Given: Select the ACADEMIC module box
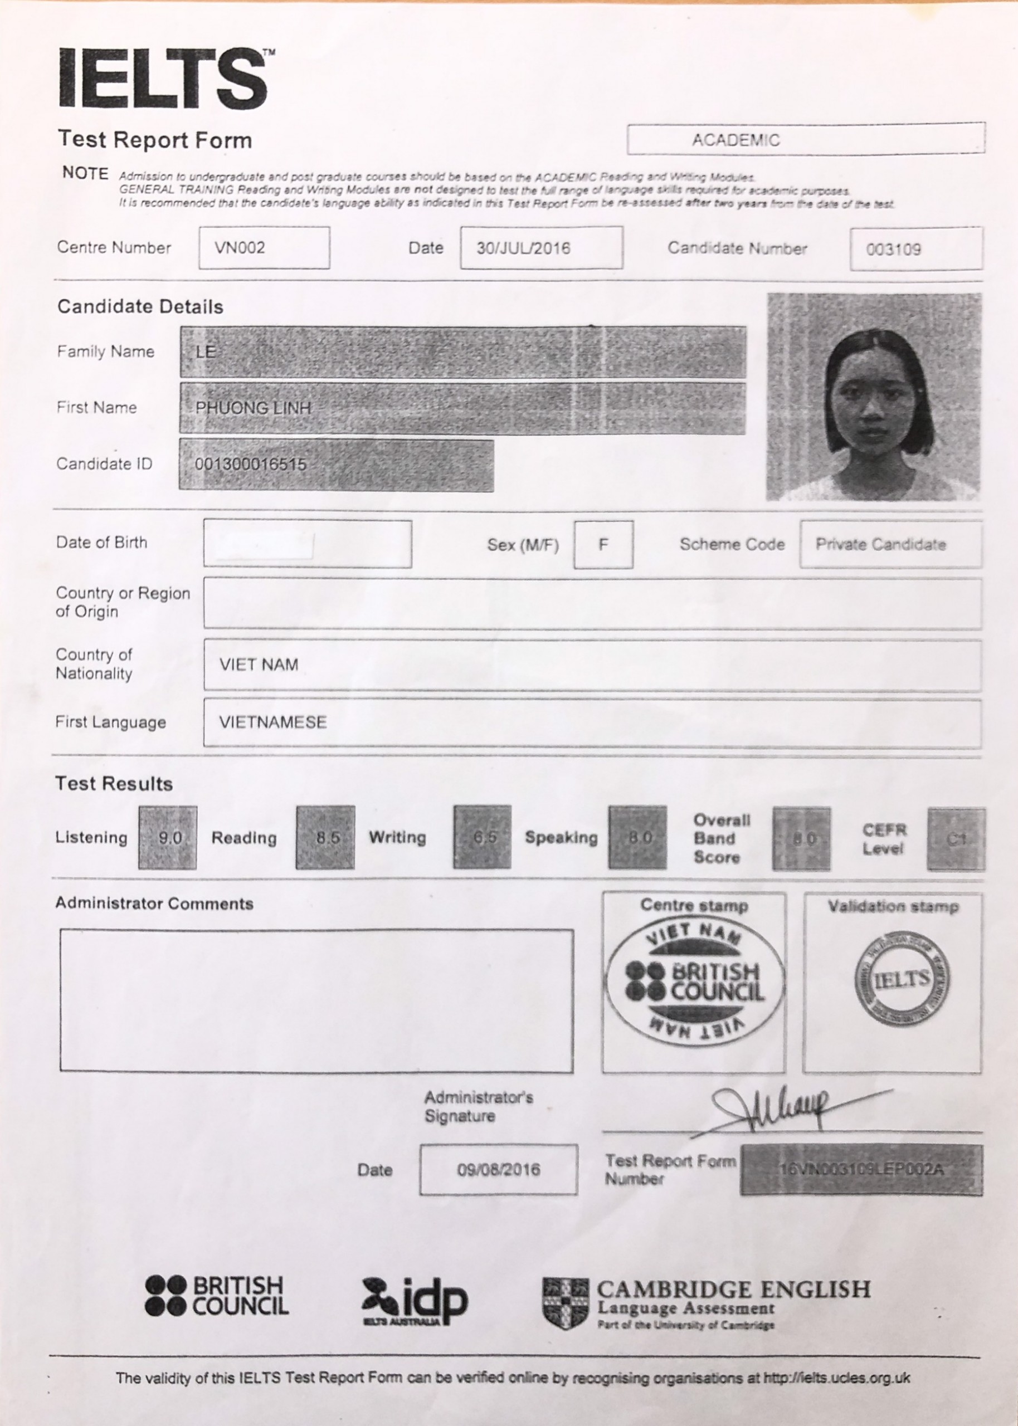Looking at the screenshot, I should click(x=806, y=139).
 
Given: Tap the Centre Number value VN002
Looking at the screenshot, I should click(x=240, y=247).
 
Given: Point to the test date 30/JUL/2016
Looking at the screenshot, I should click(x=523, y=248).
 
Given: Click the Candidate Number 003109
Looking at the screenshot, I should click(x=893, y=250).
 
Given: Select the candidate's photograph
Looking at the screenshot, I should click(x=873, y=397).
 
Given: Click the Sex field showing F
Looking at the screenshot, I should click(x=603, y=544).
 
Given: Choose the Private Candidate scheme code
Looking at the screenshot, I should click(x=881, y=544).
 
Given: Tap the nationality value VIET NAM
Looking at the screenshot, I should click(x=259, y=665).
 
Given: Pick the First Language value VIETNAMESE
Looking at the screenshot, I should click(x=272, y=722).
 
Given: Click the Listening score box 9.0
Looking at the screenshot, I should click(x=168, y=838).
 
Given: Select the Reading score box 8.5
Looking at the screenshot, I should click(x=325, y=838).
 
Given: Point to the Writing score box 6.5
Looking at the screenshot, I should click(x=482, y=838).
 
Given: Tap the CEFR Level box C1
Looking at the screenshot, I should click(x=956, y=839).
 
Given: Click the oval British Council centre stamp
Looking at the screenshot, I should click(x=694, y=982).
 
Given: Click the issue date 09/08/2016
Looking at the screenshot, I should click(x=498, y=1170).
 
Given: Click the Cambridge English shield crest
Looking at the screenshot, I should click(x=566, y=1303).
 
